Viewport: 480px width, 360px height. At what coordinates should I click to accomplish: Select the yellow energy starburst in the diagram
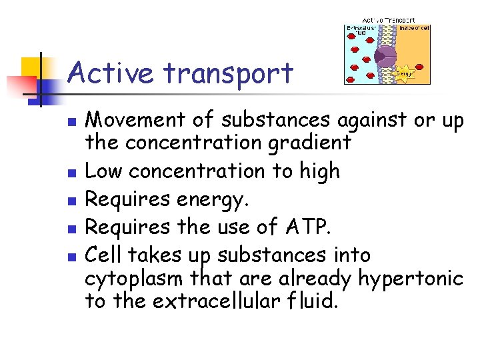pos(405,72)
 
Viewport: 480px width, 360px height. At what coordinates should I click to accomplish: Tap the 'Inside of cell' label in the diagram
pos(415,27)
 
